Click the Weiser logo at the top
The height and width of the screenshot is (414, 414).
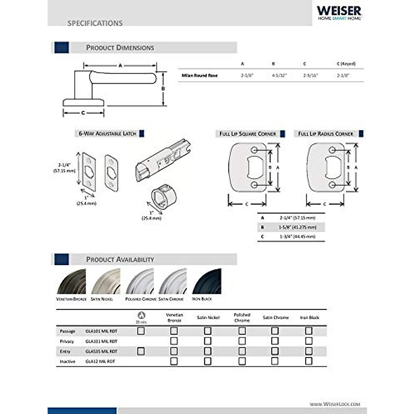pos(339,13)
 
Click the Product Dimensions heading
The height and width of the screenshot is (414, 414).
pos(120,48)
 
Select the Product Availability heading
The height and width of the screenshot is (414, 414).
pos(120,259)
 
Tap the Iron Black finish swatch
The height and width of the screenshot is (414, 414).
pos(206,282)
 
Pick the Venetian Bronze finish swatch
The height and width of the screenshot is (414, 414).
pos(71,282)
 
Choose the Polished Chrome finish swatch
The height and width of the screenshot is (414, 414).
pos(140,282)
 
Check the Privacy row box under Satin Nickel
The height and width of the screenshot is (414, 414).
pos(208,341)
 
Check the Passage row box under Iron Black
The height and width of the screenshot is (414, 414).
pos(309,331)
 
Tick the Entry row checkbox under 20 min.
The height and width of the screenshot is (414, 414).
pos(141,351)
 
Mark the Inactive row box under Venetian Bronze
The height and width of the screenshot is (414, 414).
pos(174,361)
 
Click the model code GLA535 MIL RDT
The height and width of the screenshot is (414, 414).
pos(101,351)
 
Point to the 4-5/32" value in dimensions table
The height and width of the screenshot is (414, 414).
pos(279,75)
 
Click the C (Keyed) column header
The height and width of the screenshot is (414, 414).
pos(346,64)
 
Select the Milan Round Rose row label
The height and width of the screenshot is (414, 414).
pos(200,75)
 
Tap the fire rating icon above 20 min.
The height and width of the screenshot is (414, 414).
pos(141,315)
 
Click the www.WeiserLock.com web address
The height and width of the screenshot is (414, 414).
pos(335,404)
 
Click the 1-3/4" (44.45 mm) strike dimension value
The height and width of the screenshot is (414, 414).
pos(297,237)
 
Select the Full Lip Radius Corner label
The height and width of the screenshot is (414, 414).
pos(326,134)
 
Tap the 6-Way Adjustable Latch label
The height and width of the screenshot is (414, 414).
pos(107,134)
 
